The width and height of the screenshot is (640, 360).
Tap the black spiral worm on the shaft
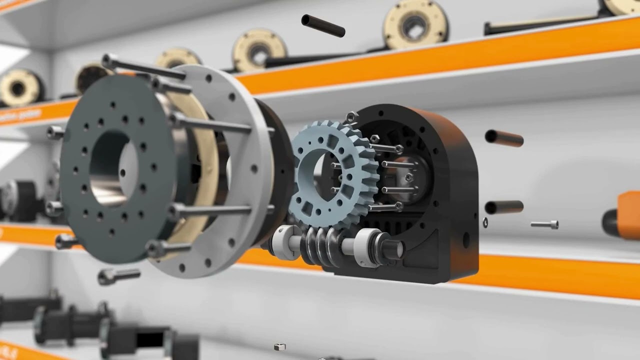320,245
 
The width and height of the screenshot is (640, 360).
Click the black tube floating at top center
323,25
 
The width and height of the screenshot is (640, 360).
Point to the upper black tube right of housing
504,138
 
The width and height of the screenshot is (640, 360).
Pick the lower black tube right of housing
504,206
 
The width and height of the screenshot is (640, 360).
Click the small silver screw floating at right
544,224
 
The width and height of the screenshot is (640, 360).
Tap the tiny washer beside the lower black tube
485,222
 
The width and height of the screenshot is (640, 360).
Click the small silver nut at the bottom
280,346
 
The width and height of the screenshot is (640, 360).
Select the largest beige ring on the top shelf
415,23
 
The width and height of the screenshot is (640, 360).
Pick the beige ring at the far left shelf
19,88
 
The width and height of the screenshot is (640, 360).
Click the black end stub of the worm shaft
392,247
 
